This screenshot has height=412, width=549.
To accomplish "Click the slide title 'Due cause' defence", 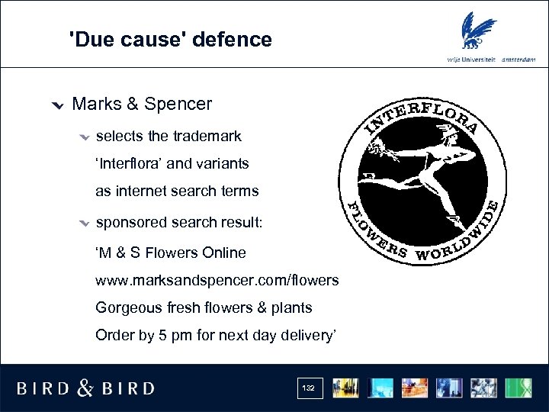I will (170, 39).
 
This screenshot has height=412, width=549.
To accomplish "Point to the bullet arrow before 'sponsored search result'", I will (83, 224).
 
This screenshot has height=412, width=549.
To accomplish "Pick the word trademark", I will (207, 136).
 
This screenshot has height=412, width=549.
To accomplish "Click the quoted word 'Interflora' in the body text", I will (129, 163).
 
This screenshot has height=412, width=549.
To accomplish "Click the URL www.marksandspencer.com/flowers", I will (217, 280).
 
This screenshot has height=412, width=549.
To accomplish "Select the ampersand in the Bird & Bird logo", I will (85, 388).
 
